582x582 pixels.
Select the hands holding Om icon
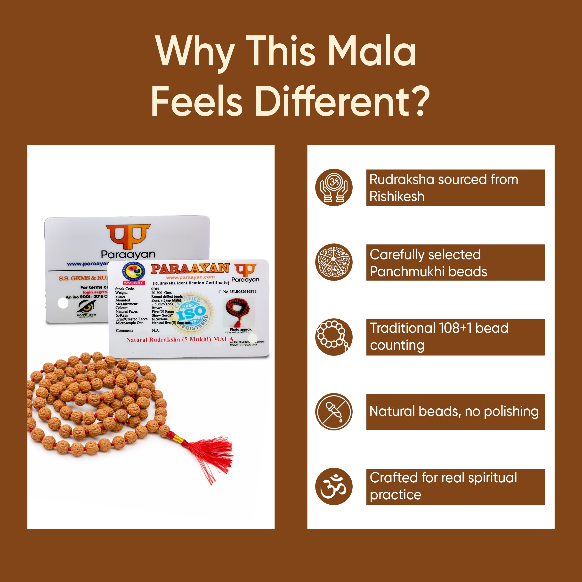coord(334,187)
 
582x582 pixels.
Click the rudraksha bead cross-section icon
coord(334,262)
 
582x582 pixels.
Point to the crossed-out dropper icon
coord(334,412)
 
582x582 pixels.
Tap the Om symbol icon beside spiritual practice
coord(334,486)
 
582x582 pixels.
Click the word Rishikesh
coord(397,196)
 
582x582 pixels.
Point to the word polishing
coord(511,412)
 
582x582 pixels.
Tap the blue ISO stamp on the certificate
coord(192,313)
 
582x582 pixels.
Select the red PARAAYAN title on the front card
coord(190,268)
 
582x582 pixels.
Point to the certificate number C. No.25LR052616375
coord(237,291)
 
